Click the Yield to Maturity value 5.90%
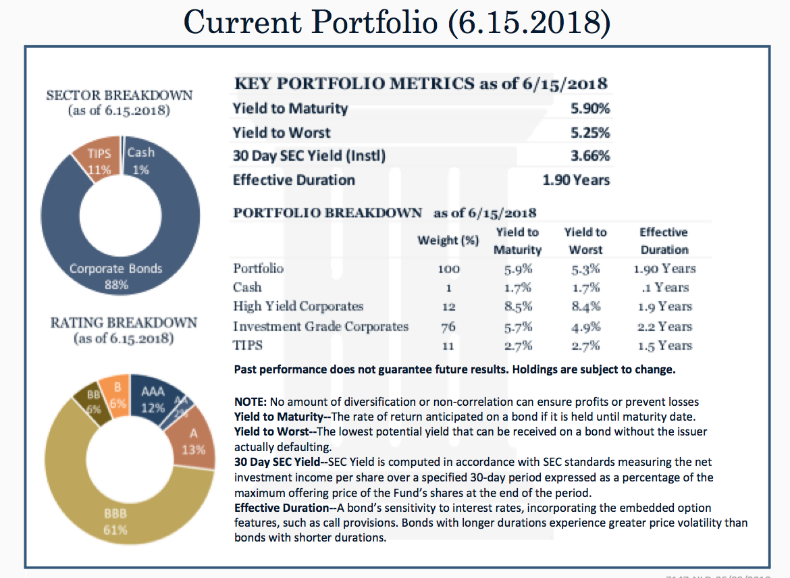(x=590, y=108)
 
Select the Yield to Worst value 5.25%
(x=590, y=132)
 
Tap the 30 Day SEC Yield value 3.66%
(x=590, y=156)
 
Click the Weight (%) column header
(x=448, y=240)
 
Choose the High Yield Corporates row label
(x=298, y=307)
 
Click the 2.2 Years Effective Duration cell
(x=664, y=327)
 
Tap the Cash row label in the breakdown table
(x=247, y=287)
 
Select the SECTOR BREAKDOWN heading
(x=119, y=96)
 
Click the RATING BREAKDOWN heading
(x=124, y=323)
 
